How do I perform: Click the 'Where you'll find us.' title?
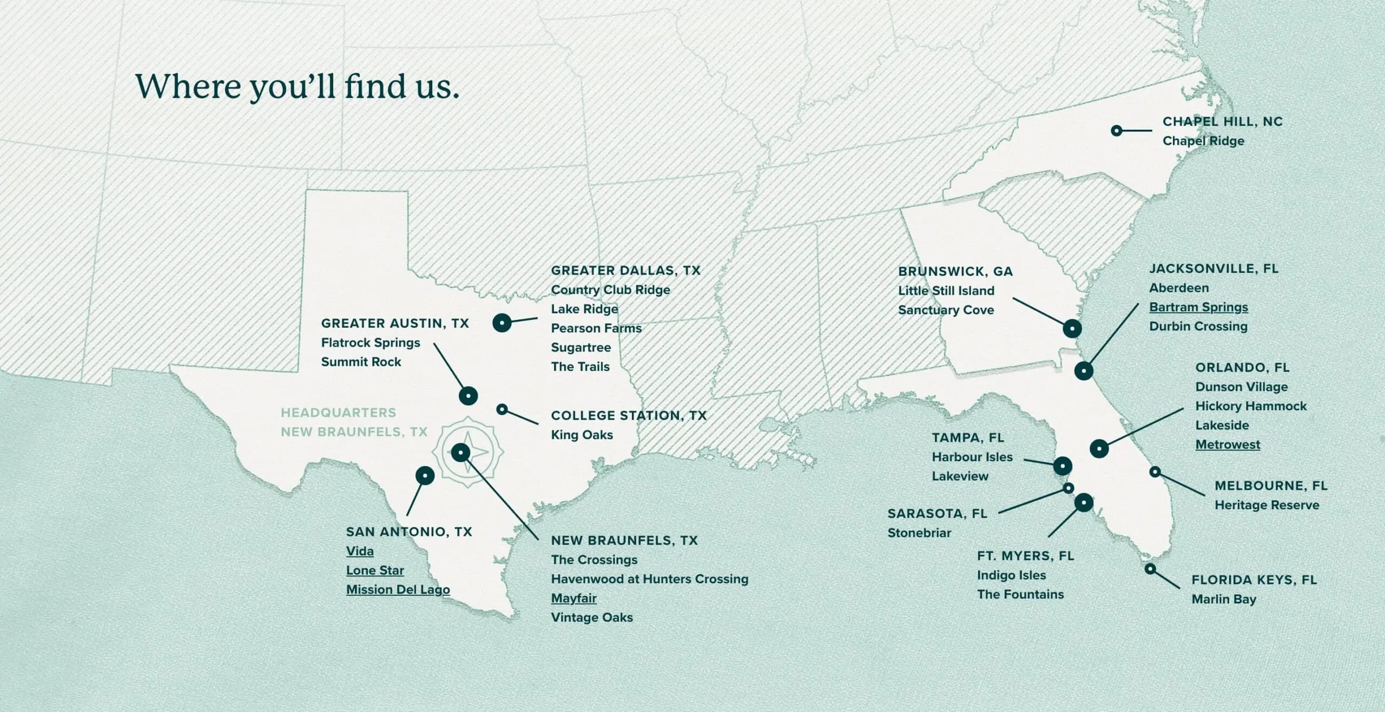[297, 86]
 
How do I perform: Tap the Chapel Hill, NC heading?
[1222, 122]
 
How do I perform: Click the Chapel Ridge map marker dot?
[1116, 131]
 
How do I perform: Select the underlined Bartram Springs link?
[1198, 307]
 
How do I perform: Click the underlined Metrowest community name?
[1228, 444]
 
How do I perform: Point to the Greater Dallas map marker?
[502, 323]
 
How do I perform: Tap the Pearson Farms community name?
[596, 328]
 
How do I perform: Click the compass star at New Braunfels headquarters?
[460, 452]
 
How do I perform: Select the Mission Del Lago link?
[398, 590]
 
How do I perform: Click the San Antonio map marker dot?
[425, 476]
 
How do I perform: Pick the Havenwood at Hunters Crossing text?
[649, 579]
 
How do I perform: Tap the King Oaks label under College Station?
[582, 435]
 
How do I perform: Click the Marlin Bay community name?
[1224, 599]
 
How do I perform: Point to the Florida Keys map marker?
[1151, 569]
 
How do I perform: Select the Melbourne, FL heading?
[1271, 486]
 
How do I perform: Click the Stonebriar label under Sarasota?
[919, 533]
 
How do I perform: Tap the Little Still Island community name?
[946, 291]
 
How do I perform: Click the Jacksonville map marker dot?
[1084, 371]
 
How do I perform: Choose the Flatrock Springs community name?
[371, 343]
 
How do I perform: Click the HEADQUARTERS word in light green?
[338, 413]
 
